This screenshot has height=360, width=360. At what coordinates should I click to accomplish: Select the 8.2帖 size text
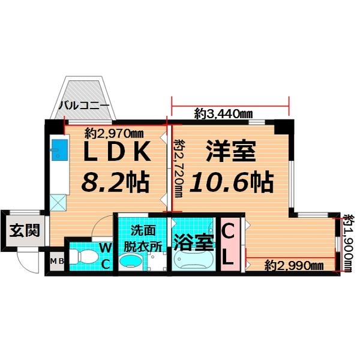pos(115,181)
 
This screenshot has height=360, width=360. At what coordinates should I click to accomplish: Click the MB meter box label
pos(56,261)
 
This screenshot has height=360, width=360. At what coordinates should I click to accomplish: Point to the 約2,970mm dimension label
pos(114,133)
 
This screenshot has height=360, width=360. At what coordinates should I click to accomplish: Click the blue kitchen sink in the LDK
pos(60,148)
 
